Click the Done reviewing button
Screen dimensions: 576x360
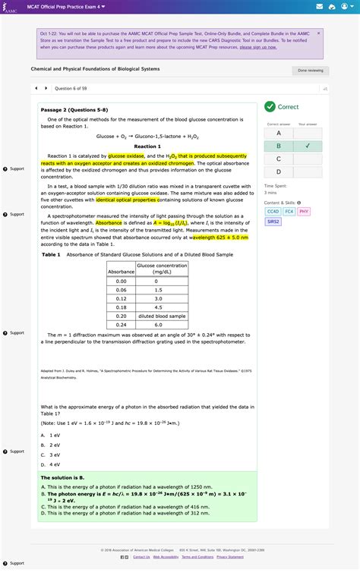pos(310,71)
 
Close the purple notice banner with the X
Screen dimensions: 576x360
pos(318,33)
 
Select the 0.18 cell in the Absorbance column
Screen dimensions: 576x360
pos(121,307)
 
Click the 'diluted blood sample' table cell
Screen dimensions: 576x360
pos(161,316)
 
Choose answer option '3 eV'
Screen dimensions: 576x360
pos(52,454)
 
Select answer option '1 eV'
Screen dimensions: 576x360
pos(52,435)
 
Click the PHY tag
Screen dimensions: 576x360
pos(304,212)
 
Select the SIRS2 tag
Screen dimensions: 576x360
pos(273,222)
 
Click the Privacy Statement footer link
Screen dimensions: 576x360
pos(230,557)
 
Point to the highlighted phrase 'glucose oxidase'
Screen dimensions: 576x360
pos(125,155)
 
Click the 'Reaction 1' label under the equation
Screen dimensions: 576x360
pos(147,146)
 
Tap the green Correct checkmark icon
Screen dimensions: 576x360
pos(271,107)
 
